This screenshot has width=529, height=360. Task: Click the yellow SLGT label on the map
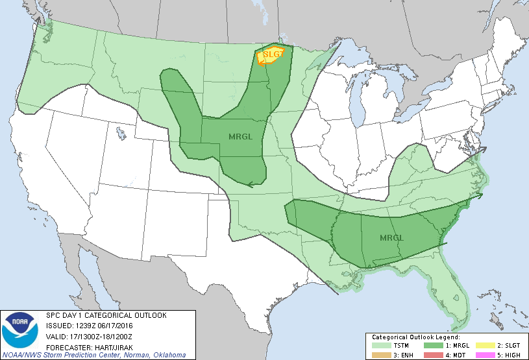click(x=273, y=54)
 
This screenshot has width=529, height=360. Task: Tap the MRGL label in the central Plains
click(x=240, y=137)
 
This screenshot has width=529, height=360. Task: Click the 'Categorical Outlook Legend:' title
click(x=415, y=338)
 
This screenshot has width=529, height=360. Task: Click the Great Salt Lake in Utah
click(x=121, y=135)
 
